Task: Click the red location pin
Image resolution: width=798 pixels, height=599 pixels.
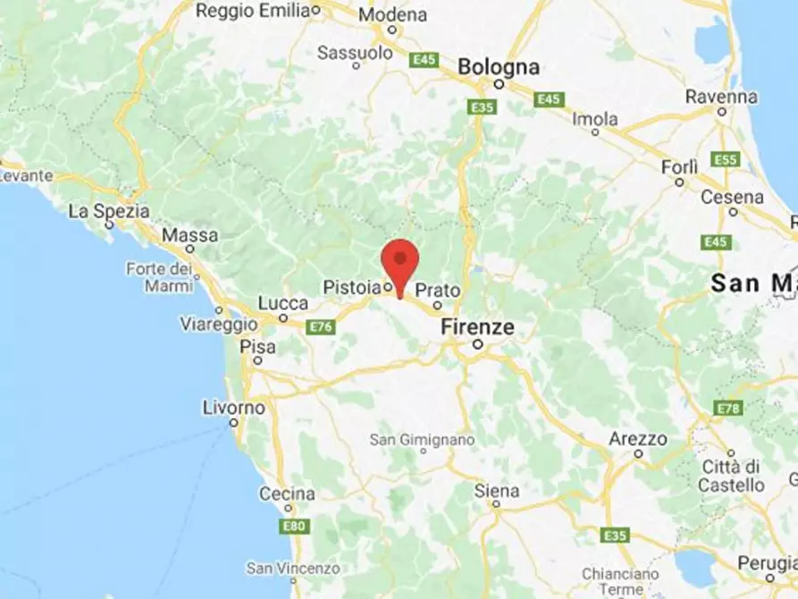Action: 399,261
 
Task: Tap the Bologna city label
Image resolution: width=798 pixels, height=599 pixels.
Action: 499,67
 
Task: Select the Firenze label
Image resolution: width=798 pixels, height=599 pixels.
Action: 477,327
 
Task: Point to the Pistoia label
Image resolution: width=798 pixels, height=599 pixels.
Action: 351,288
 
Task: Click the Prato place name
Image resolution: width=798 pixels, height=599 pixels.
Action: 438,291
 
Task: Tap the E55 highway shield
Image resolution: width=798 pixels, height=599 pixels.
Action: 726,160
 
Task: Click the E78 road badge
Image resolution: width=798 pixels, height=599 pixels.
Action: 728,408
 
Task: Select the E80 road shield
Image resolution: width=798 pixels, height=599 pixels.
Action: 294,526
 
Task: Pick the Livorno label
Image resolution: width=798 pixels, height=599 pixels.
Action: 234,408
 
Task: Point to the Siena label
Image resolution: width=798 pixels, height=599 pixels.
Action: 496,491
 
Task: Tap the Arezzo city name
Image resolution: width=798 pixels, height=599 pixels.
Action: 637,439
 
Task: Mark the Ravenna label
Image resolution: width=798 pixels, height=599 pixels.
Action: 721,97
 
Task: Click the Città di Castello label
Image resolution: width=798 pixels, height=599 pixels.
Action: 734,476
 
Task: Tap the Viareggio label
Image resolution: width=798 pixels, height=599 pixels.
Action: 212,324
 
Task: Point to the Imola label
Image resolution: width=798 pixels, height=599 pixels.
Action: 594,119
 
